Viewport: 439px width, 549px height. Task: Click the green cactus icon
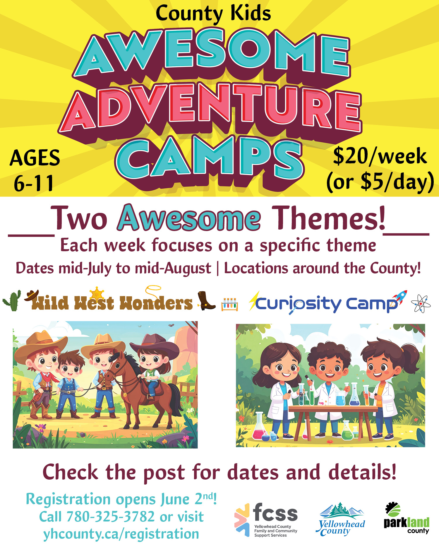coord(12,300)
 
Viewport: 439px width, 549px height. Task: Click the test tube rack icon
coord(230,305)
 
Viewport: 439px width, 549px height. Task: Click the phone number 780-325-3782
coord(110,516)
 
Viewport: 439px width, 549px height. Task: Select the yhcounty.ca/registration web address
coord(121,533)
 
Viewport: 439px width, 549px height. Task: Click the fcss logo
coord(266,520)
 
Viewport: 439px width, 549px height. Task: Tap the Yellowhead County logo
coord(341,519)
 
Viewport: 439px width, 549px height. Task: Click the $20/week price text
coord(380,156)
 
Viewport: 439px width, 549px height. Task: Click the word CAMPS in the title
coord(209,160)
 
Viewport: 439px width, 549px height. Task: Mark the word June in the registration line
coord(175,499)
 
